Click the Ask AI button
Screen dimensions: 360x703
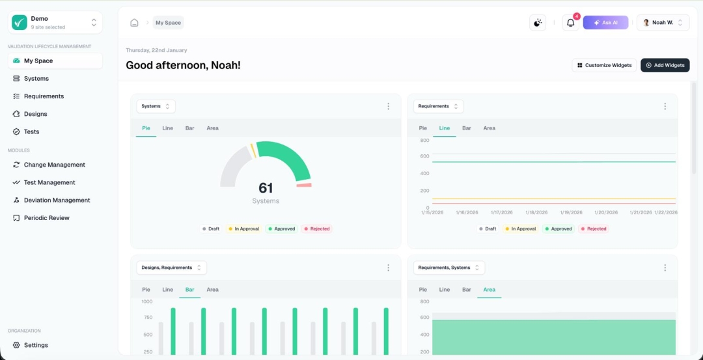coord(605,23)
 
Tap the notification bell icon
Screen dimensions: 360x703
coord(570,23)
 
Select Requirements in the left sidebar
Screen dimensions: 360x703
coord(44,96)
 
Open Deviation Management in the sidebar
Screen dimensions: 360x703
coord(57,201)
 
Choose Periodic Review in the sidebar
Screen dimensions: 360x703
coord(46,218)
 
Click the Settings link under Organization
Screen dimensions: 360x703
coord(36,345)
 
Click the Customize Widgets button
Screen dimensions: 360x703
coord(604,65)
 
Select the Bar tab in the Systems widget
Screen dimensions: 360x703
coord(189,128)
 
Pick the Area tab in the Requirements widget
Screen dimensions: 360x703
coord(489,128)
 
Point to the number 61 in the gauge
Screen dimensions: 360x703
coord(266,188)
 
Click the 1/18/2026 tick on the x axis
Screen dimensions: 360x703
coord(536,212)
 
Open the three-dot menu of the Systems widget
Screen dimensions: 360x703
coord(389,106)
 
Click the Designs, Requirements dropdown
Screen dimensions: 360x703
coord(171,268)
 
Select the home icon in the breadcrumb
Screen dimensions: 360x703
coord(134,23)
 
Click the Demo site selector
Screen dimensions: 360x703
coord(55,23)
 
